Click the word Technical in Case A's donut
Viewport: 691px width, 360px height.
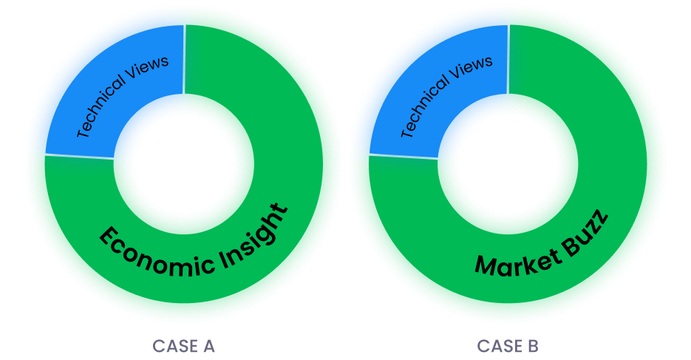pos(103,112)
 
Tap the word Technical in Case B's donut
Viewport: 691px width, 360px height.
pos(426,112)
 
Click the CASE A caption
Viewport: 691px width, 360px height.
pos(184,346)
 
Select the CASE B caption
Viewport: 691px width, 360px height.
pos(508,346)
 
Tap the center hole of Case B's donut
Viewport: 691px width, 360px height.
pos(507,161)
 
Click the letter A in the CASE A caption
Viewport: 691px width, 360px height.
pos(209,346)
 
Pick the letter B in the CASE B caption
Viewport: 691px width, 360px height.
pos(533,346)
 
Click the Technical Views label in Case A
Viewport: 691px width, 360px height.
pos(123,94)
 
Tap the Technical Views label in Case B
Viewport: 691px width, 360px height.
pos(446,94)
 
